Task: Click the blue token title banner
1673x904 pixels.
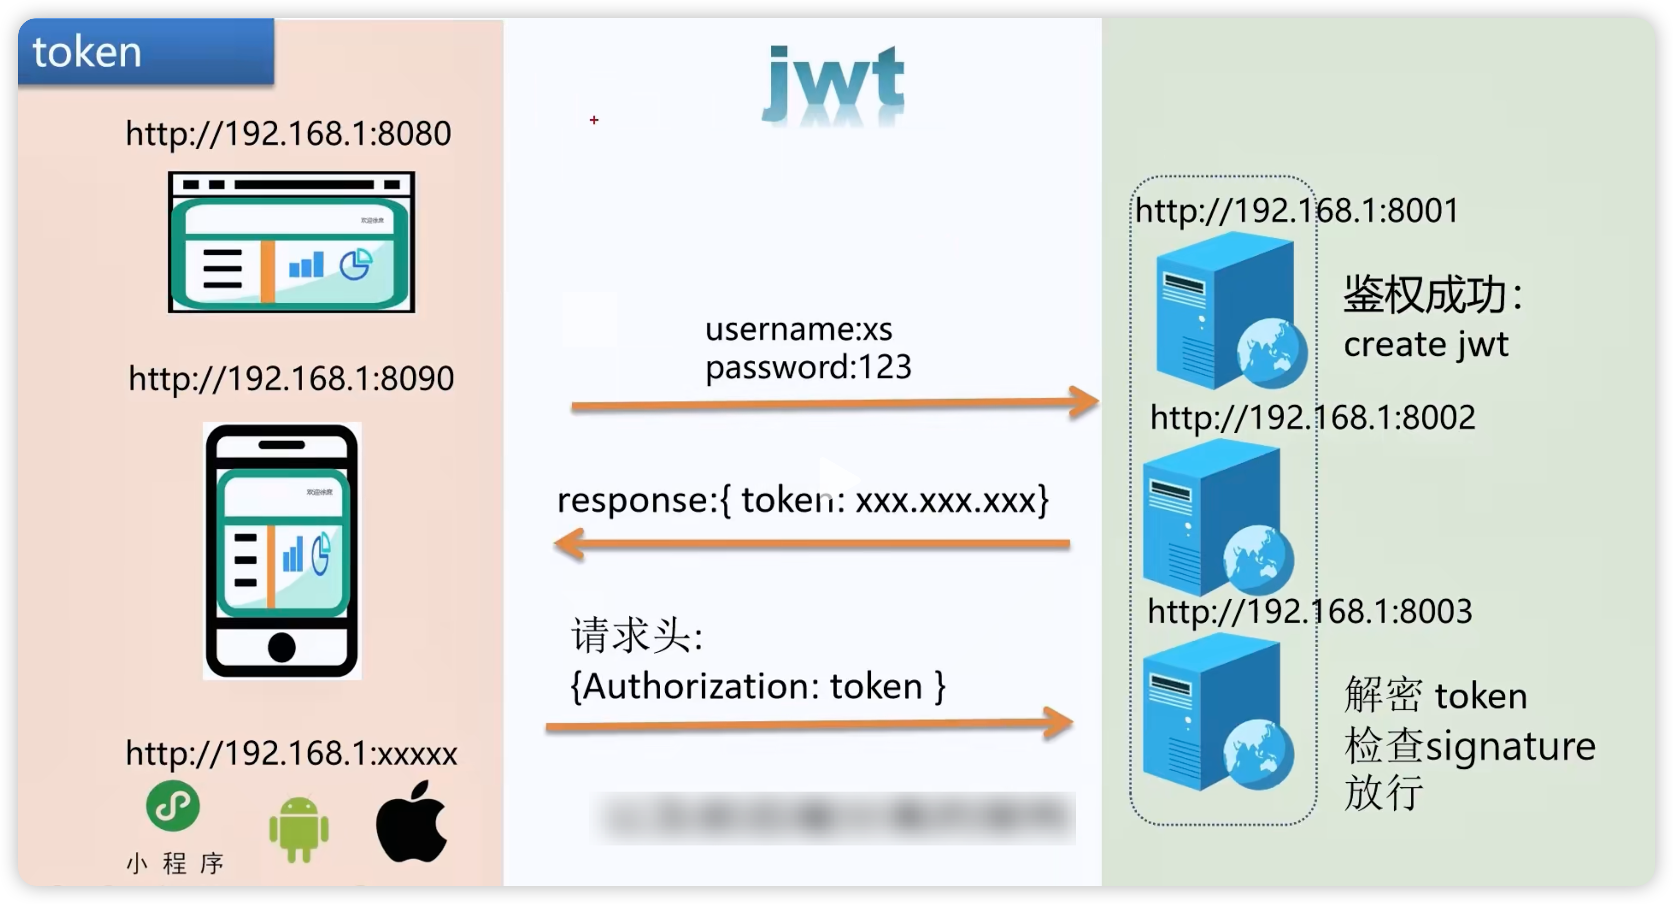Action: tap(145, 52)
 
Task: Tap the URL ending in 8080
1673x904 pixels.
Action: tap(288, 133)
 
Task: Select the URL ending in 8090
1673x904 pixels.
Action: tap(291, 378)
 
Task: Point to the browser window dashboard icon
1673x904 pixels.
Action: tap(291, 242)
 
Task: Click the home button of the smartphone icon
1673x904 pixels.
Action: tap(281, 647)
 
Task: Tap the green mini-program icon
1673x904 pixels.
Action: tap(173, 806)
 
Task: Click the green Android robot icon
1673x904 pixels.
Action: tap(299, 829)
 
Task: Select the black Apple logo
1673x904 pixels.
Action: tap(412, 822)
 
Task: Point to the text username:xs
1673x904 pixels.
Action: tap(799, 330)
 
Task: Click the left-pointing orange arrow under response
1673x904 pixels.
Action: tap(812, 545)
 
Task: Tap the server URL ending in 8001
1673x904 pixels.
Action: tap(1296, 210)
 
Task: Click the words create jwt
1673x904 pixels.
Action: tap(1425, 344)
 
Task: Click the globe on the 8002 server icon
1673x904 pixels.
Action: tap(1258, 559)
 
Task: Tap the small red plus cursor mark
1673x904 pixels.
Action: tap(594, 120)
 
